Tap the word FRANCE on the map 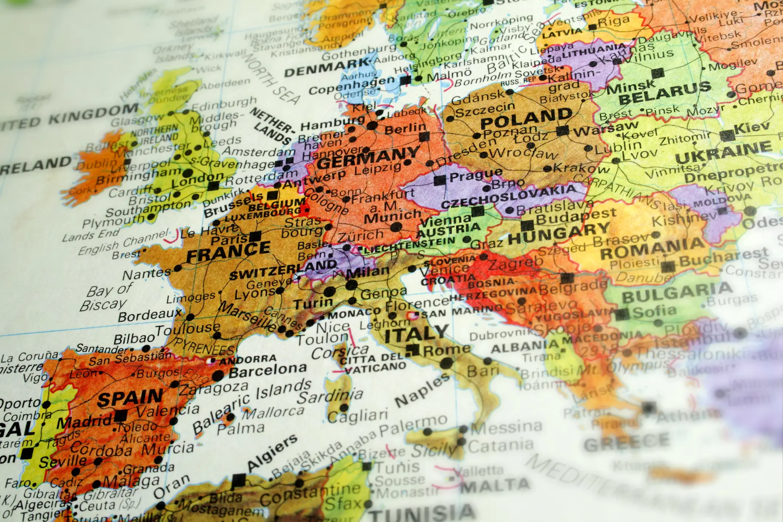(x=228, y=251)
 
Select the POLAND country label (x=526, y=117)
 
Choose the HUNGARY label (x=558, y=233)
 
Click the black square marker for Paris (x=255, y=236)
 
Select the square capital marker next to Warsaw (x=563, y=130)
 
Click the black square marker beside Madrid (x=120, y=416)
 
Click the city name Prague (x=475, y=175)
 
